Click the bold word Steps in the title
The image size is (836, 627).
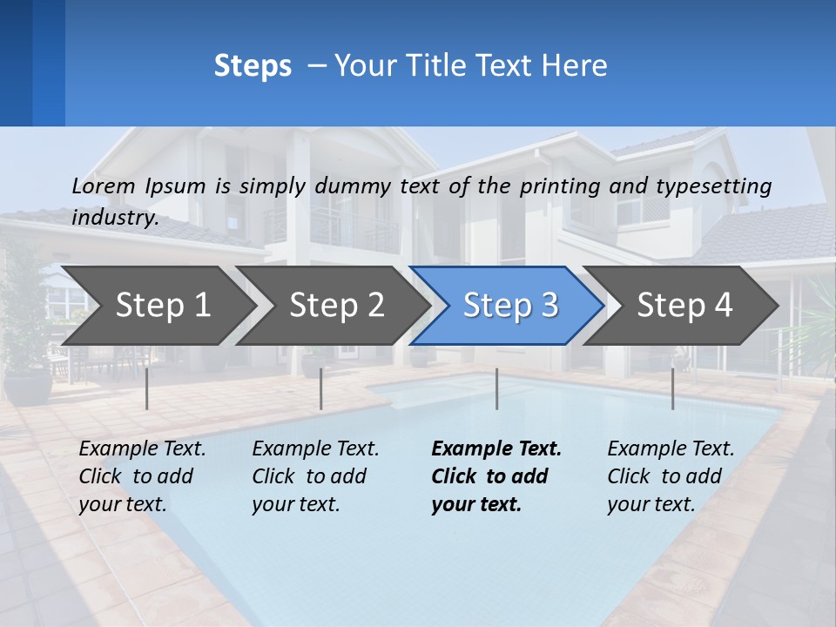pos(253,66)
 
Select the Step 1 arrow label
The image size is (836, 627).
pos(163,305)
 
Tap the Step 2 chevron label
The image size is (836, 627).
pos(336,305)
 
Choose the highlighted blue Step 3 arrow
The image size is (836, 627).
pos(510,305)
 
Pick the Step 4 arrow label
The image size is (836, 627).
pos(684,305)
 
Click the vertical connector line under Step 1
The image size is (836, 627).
pos(147,388)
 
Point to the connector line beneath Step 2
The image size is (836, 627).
pos(321,388)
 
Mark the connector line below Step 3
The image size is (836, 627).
pos(497,388)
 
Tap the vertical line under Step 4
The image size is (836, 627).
pos(672,388)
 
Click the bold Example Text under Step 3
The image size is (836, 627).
pos(496,449)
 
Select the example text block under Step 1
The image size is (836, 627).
pos(141,476)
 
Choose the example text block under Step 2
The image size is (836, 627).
pos(314,476)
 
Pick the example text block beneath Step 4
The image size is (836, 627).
pos(670,476)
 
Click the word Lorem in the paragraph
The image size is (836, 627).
pos(104,186)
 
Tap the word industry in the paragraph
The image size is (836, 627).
pos(114,218)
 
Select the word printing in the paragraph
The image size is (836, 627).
pos(560,186)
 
